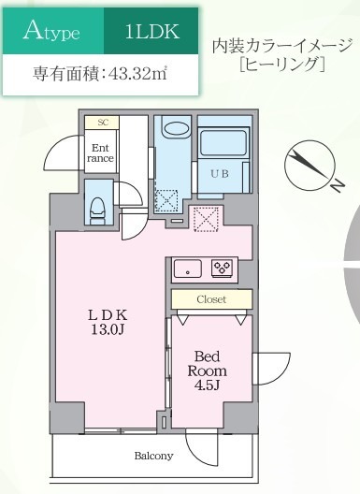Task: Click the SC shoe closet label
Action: pos(101,123)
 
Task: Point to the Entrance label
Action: pos(100,152)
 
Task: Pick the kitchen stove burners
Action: pos(223,266)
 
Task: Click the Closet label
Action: pos(210,299)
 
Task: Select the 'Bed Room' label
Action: pos(211,363)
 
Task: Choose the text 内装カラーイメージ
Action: pos(281,47)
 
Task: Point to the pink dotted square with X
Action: pos(205,217)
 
